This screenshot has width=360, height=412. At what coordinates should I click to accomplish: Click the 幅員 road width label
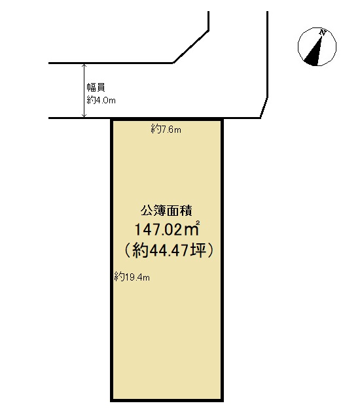[96, 88]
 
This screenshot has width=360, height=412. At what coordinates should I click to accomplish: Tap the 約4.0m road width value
[101, 100]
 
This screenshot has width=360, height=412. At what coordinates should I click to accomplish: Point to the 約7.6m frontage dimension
[166, 129]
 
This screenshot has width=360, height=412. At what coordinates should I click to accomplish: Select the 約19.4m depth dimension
[132, 277]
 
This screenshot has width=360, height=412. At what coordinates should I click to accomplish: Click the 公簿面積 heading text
[166, 211]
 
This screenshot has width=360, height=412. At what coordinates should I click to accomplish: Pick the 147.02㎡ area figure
[168, 229]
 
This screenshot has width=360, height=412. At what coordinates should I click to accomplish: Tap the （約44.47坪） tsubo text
[168, 250]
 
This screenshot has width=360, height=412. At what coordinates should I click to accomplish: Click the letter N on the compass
[323, 33]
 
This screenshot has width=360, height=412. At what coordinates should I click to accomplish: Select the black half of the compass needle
[312, 56]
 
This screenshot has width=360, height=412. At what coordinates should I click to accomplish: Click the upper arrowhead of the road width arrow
[84, 65]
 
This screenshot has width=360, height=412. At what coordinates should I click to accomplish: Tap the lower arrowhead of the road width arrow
[84, 116]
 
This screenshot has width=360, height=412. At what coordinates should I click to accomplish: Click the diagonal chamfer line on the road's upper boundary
[191, 47]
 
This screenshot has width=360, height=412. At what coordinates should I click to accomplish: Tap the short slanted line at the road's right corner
[264, 108]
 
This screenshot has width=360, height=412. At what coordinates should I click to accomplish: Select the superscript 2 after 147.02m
[198, 223]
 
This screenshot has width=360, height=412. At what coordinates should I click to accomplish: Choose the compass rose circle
[317, 27]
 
